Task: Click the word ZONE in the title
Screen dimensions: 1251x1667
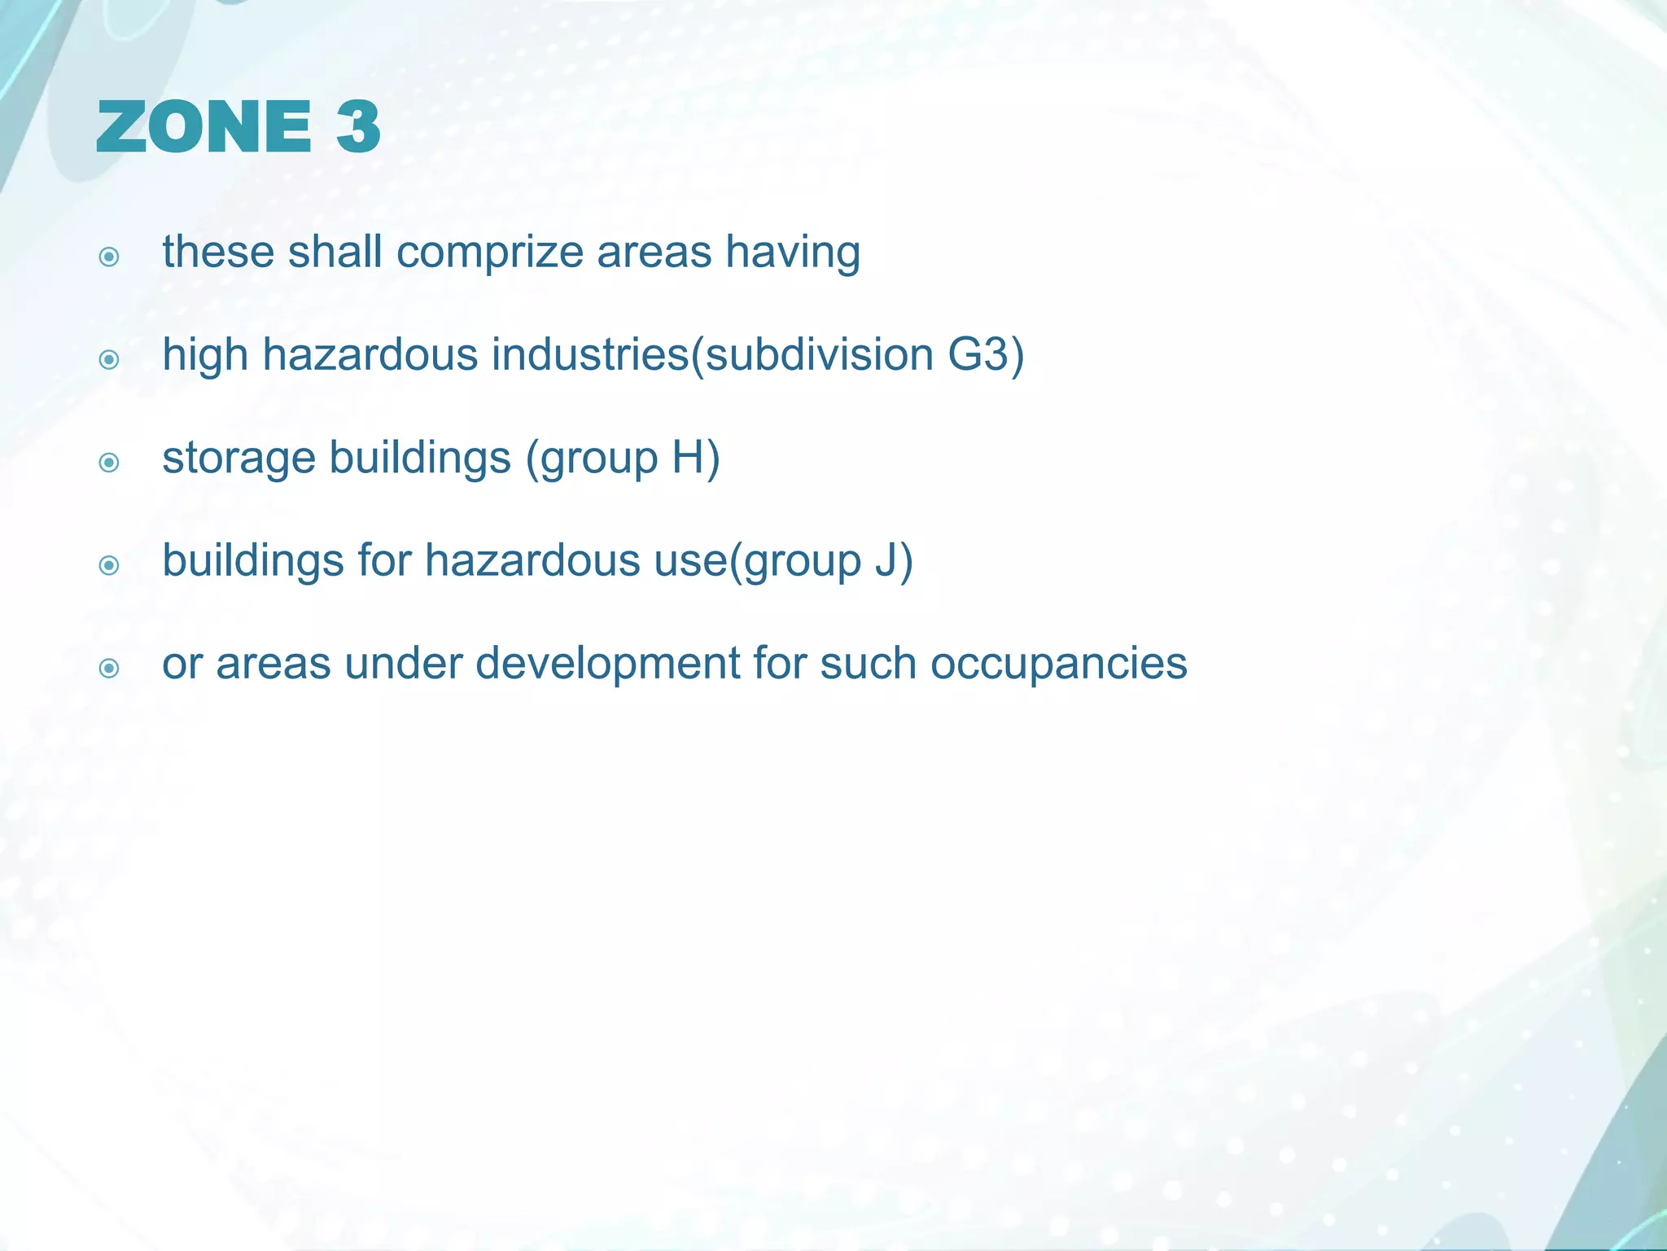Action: click(203, 127)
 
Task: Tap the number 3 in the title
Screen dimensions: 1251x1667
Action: click(358, 127)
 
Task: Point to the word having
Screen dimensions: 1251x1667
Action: click(793, 252)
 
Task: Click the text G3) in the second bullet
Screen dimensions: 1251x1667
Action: click(986, 355)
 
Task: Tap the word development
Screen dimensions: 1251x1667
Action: click(606, 665)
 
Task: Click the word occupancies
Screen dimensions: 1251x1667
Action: click(1058, 665)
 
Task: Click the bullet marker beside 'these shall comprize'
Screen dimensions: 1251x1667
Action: click(109, 257)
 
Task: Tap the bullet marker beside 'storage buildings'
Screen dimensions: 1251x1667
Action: click(109, 463)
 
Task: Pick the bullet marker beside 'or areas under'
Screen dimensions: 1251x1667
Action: click(109, 669)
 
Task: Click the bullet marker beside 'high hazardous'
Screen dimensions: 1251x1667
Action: click(109, 359)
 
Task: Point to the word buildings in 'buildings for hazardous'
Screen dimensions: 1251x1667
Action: click(252, 561)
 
